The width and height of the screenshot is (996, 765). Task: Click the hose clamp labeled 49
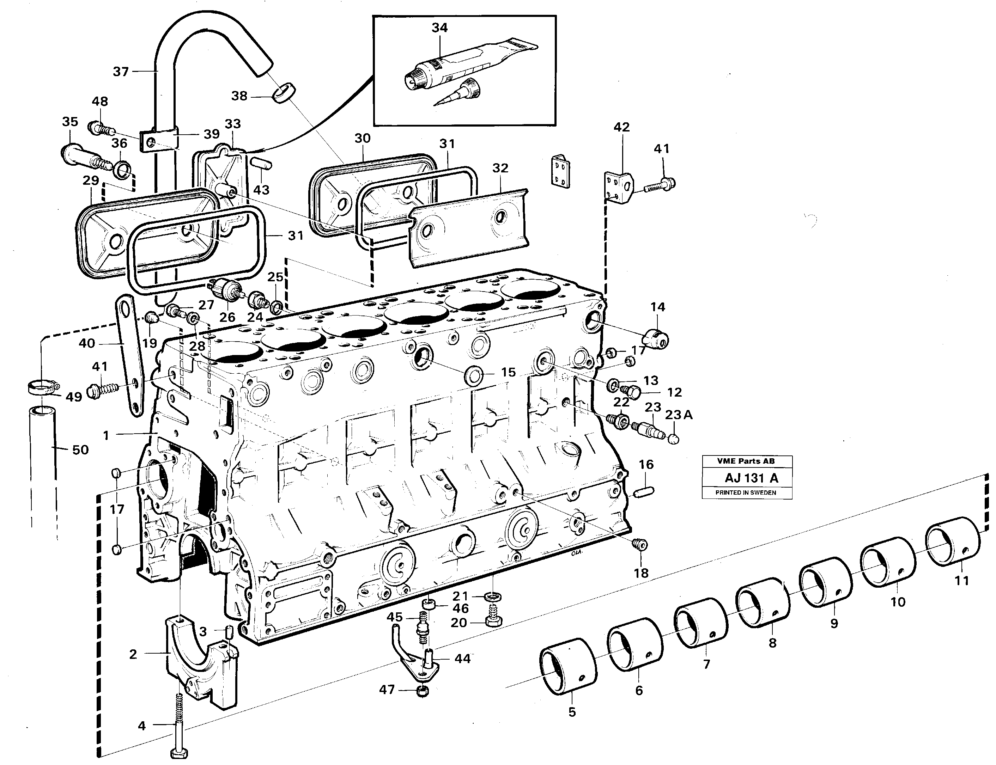[41, 387]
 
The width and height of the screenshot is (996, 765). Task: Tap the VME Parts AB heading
[746, 461]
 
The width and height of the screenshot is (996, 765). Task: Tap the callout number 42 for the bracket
[621, 127]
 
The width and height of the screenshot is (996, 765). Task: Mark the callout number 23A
[679, 415]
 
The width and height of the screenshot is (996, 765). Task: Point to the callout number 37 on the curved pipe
[121, 72]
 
